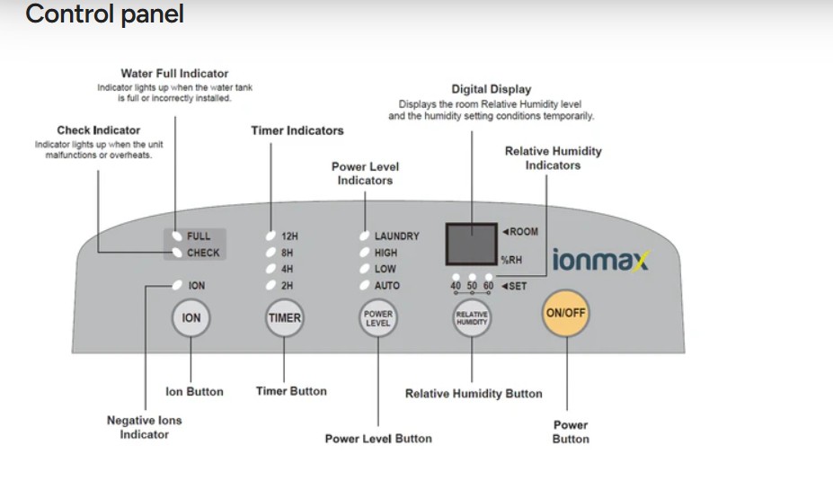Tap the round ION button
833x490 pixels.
pyautogui.click(x=191, y=317)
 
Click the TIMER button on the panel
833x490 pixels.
pyautogui.click(x=284, y=317)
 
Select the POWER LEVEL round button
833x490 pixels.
pyautogui.click(x=377, y=317)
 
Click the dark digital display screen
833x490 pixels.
pyautogui.click(x=472, y=244)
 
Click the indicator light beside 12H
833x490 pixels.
pyautogui.click(x=271, y=236)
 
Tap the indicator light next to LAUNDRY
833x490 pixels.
pyautogui.click(x=365, y=236)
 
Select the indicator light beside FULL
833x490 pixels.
pyautogui.click(x=177, y=236)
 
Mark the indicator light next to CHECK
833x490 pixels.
pyautogui.click(x=177, y=253)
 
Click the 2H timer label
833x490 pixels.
pyautogui.click(x=287, y=285)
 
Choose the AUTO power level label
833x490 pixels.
pyautogui.click(x=386, y=285)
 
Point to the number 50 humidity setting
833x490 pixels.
pyautogui.click(x=472, y=285)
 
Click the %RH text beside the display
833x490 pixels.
pyautogui.click(x=511, y=260)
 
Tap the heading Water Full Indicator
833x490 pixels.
pyautogui.click(x=174, y=74)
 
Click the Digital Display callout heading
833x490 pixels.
pyautogui.click(x=492, y=89)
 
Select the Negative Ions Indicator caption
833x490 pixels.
pyautogui.click(x=145, y=427)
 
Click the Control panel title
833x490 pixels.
pyautogui.click(x=104, y=13)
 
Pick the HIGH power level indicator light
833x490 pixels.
pyautogui.click(x=365, y=253)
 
